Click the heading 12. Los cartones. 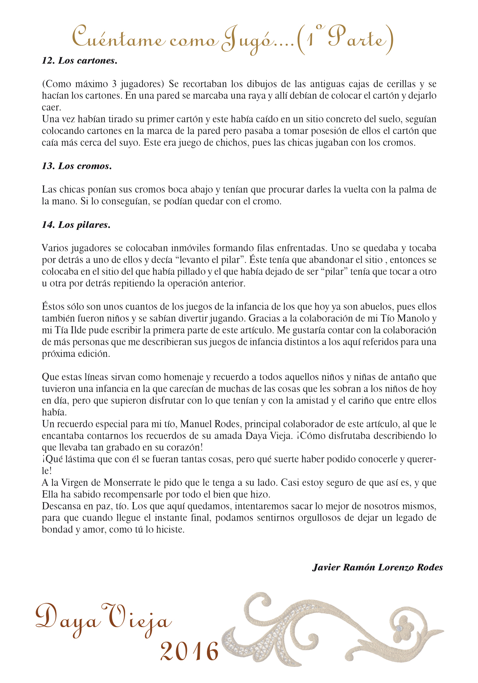80,61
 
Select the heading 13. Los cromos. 77,166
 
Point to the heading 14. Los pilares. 76,225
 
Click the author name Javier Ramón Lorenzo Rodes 378,567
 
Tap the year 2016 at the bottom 190,652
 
